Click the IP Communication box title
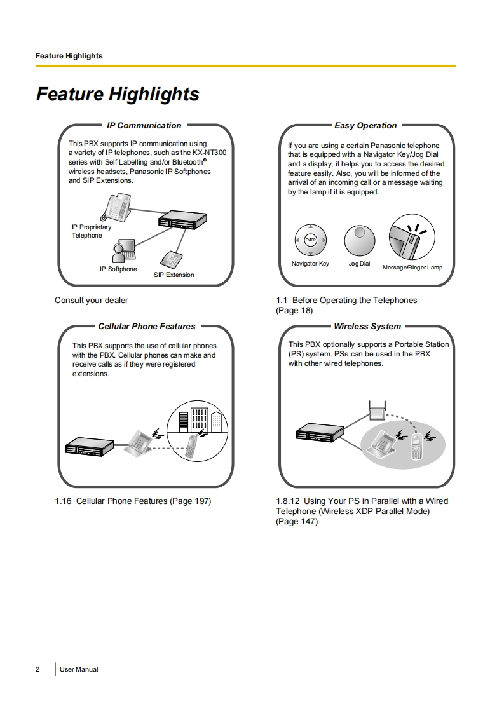pos(144,126)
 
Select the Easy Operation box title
pos(365,126)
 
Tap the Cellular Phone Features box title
pos(147,327)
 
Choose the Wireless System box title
pos(367,327)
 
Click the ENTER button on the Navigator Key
pos(310,240)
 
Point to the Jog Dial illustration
pos(360,240)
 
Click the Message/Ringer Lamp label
pos(412,268)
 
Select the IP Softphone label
pos(118,269)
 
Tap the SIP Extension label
pos(174,275)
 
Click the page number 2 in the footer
pos(37,669)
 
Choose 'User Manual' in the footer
pos(79,669)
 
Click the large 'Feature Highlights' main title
pos(118,95)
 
